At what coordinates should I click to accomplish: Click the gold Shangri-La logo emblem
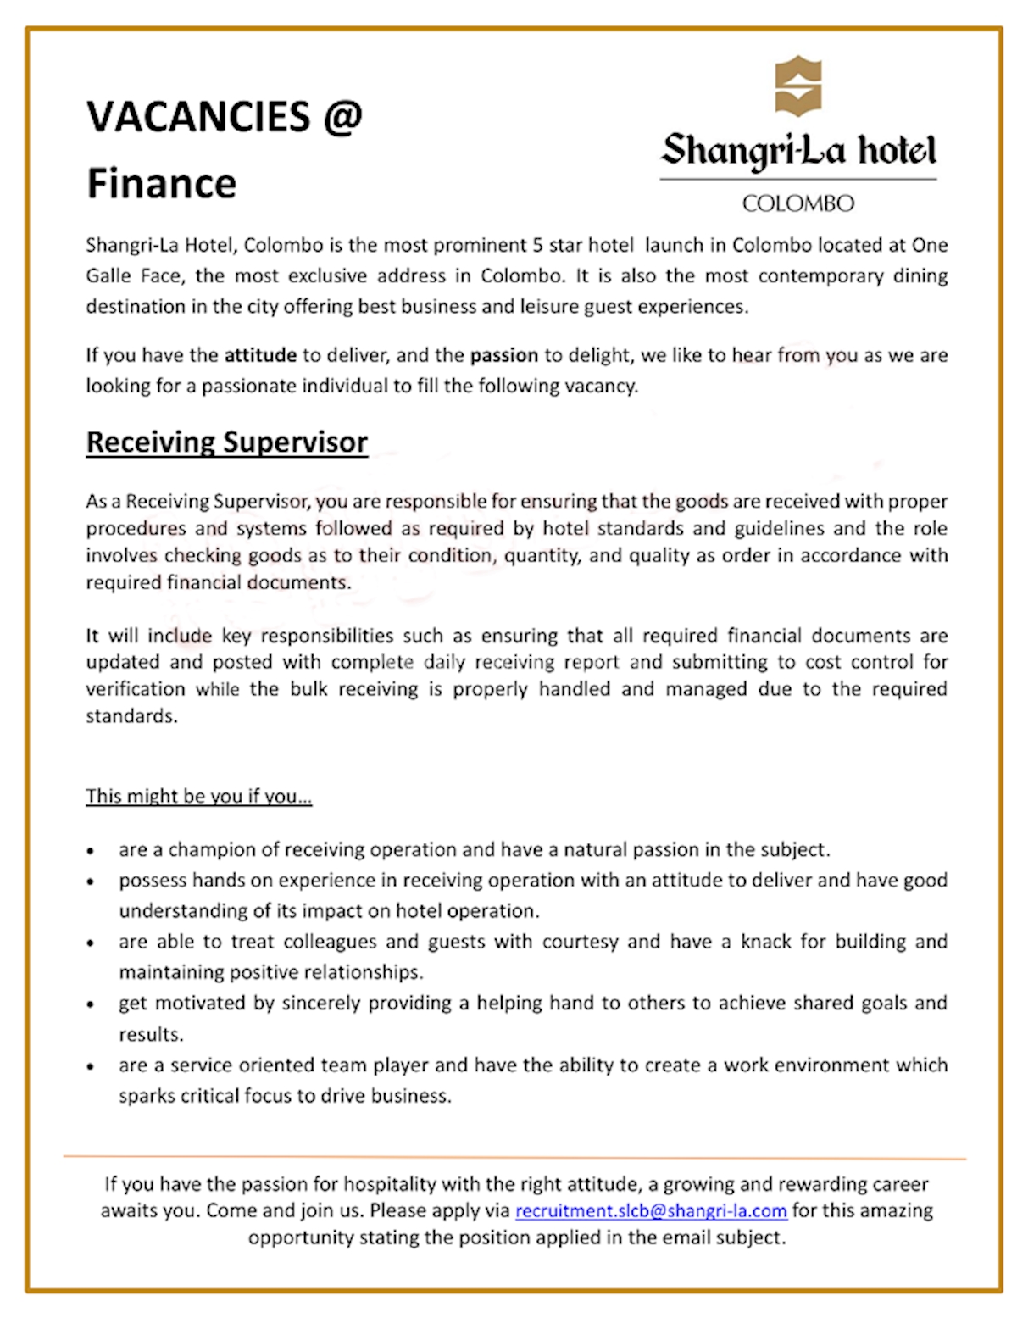click(797, 86)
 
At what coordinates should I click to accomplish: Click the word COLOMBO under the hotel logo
click(797, 203)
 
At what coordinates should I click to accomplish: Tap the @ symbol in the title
click(342, 117)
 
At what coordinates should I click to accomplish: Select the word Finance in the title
click(162, 184)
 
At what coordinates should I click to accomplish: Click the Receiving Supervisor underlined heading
click(227, 442)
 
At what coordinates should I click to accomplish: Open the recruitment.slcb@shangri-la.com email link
click(651, 1210)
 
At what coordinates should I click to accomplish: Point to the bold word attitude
click(260, 355)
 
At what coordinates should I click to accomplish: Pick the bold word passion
click(504, 355)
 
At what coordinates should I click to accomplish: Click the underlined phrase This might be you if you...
click(198, 796)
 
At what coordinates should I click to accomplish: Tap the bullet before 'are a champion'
click(91, 850)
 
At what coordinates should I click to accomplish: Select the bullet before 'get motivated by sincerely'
click(91, 1004)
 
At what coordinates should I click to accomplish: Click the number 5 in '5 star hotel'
click(537, 246)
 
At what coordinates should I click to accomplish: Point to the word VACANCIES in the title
click(198, 117)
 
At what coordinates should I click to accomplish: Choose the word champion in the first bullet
click(213, 849)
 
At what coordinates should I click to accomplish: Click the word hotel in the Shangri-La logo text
click(897, 151)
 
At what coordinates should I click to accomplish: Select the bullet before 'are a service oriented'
click(91, 1066)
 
